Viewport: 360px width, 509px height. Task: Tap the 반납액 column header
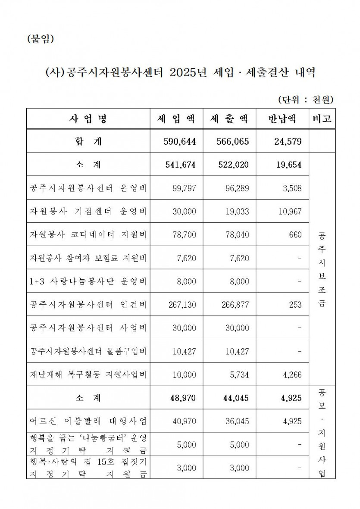click(x=282, y=119)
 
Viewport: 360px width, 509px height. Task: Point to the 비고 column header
click(x=322, y=119)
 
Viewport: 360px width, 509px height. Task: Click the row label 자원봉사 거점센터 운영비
click(x=88, y=211)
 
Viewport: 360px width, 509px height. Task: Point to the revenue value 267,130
click(x=182, y=305)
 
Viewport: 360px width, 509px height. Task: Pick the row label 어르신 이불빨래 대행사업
click(x=88, y=421)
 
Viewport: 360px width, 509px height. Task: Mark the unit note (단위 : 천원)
click(x=305, y=100)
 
